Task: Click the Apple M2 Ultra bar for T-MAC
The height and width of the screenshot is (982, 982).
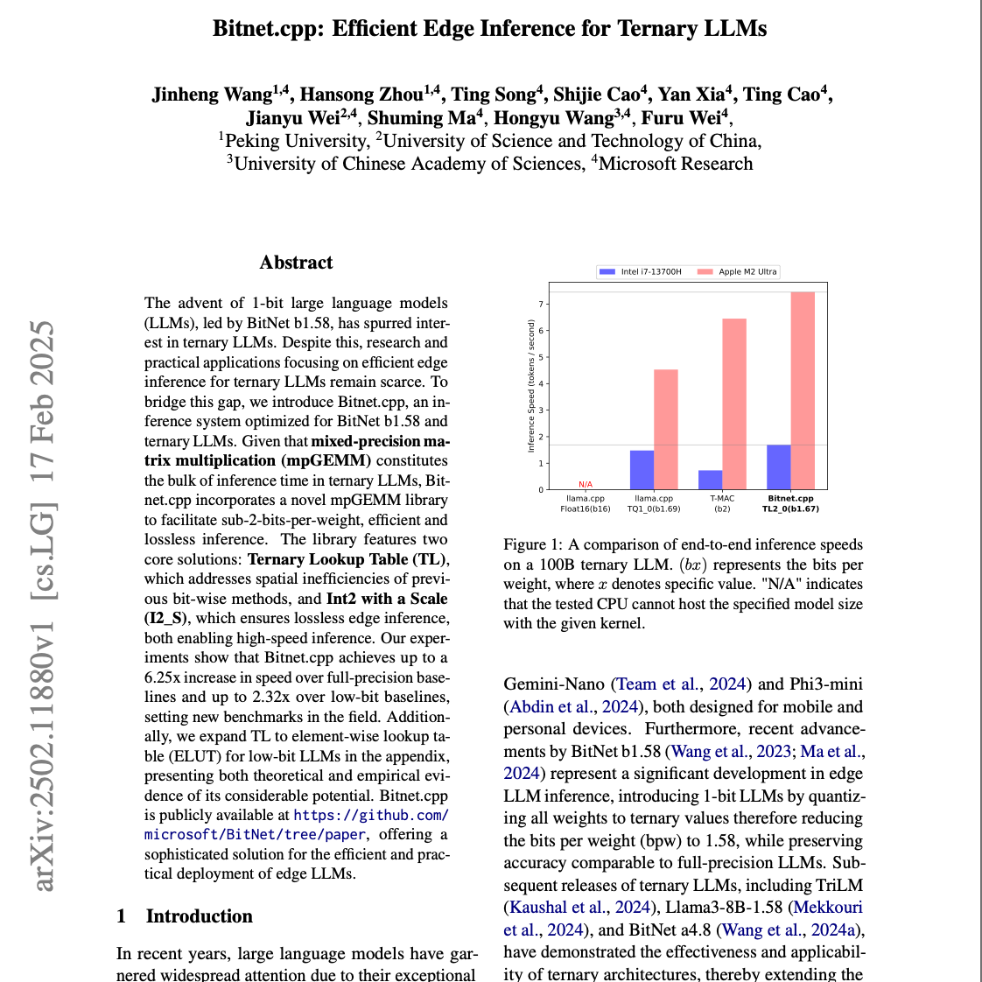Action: click(x=733, y=403)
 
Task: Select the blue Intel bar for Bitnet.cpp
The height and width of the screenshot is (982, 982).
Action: click(x=778, y=467)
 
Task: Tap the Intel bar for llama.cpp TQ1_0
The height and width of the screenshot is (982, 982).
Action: click(x=642, y=470)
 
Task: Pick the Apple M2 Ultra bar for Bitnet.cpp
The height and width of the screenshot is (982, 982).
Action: click(x=803, y=390)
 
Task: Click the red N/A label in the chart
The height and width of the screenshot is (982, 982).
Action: click(x=586, y=485)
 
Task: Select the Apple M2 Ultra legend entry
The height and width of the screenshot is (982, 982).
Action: click(x=738, y=271)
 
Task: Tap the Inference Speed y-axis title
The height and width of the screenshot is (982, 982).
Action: click(x=530, y=386)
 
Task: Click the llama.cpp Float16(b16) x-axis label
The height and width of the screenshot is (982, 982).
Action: click(x=586, y=503)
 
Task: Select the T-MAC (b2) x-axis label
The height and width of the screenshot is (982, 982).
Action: click(x=722, y=503)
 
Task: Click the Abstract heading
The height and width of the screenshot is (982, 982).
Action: click(x=296, y=263)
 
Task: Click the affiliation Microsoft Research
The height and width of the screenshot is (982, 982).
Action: click(x=675, y=164)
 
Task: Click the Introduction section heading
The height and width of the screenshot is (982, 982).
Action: click(x=199, y=916)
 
